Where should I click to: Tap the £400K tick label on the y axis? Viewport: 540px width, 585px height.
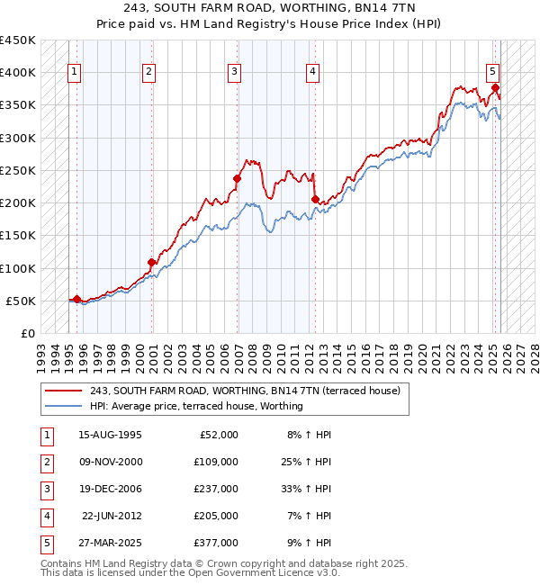coord(18,73)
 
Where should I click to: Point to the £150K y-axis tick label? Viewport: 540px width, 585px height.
coord(18,236)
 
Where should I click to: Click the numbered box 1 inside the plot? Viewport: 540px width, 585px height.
coord(73,73)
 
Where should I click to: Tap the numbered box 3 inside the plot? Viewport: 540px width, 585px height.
coord(234,73)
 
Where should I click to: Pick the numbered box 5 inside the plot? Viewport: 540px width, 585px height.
coord(493,73)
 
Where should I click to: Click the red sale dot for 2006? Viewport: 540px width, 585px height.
coord(238,178)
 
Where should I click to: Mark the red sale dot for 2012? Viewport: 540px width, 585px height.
coord(315,199)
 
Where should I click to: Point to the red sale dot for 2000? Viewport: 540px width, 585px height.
coord(151,262)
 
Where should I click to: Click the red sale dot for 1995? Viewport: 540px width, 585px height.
coord(76,299)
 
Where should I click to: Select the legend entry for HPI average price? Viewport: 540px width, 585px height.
coord(196,406)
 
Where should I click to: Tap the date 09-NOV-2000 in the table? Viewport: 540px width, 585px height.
coord(110,461)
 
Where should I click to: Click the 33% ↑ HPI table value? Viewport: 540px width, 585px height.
coord(306,488)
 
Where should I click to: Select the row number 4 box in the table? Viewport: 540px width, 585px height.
coord(46,515)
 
